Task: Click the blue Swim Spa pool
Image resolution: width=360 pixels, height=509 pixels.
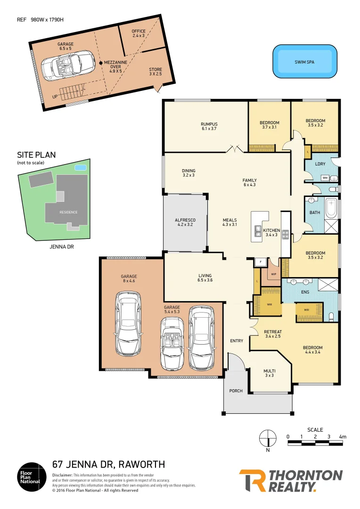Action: tap(305, 61)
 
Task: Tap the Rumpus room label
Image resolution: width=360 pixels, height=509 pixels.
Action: tap(209, 126)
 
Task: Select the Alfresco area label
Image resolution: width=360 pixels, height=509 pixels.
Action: tap(185, 222)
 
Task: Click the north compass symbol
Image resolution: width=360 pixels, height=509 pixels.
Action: tap(268, 438)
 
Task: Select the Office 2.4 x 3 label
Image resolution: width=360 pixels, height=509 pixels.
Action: tap(139, 33)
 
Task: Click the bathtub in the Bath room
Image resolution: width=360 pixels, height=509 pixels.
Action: tap(332, 208)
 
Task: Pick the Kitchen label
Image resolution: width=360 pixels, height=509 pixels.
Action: tap(272, 232)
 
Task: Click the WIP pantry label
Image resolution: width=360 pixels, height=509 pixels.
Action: tap(273, 274)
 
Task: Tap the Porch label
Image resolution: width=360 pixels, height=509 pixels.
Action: tap(236, 391)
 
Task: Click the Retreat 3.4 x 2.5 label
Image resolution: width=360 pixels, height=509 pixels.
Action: tap(273, 334)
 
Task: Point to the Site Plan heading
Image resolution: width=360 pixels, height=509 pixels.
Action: tap(36, 155)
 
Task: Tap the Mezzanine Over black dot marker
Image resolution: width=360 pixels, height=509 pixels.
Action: tap(100, 63)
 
